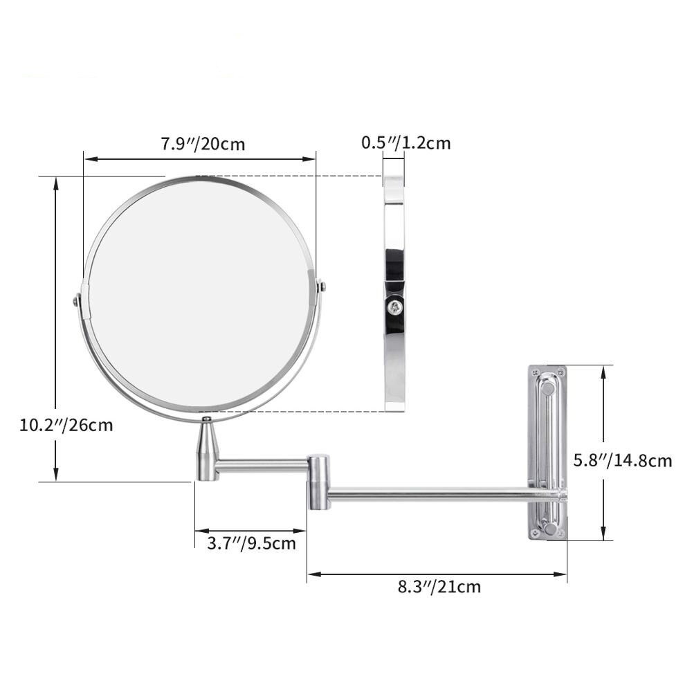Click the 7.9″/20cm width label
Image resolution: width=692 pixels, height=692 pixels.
click(x=203, y=145)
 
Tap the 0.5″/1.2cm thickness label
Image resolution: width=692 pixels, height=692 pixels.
click(x=406, y=143)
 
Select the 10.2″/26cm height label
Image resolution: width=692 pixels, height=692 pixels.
click(x=66, y=424)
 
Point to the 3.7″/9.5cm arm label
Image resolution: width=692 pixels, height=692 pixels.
click(x=251, y=543)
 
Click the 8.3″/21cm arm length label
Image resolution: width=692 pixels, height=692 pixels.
click(x=439, y=588)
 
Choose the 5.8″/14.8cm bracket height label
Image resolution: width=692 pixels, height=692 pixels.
click(x=623, y=460)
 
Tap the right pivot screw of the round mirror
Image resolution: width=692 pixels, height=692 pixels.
click(x=321, y=285)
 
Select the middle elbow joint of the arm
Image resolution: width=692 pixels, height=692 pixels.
click(x=318, y=482)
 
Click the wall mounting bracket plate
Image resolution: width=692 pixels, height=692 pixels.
click(x=547, y=453)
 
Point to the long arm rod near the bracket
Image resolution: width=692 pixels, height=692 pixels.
click(x=443, y=494)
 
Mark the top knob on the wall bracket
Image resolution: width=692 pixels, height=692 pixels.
click(x=547, y=388)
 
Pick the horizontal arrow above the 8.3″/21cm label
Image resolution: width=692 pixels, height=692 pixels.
click(x=437, y=573)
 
